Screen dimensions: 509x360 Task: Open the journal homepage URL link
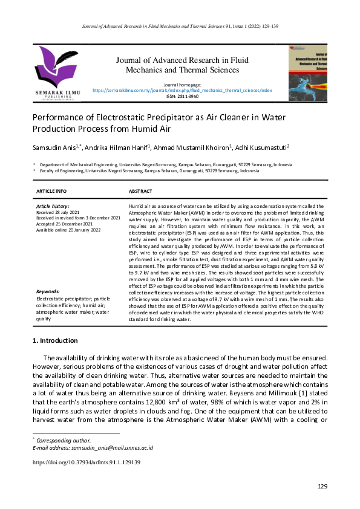182,89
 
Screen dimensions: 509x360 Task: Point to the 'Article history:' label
54,207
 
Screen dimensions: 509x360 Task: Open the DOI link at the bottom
87,462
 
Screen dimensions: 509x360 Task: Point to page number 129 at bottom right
322,487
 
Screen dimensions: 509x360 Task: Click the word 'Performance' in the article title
62,117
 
